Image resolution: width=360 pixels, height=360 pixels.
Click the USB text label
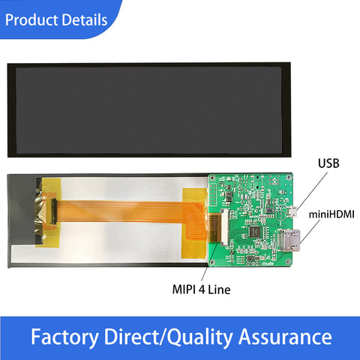tap(328, 163)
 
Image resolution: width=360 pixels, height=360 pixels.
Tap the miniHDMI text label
tap(331, 214)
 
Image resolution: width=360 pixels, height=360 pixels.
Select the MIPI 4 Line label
tap(201, 289)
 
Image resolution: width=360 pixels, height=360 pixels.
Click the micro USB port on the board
tap(292, 211)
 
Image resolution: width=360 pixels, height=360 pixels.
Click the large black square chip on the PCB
tap(255, 231)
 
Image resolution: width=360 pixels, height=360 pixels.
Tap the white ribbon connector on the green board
tap(224, 227)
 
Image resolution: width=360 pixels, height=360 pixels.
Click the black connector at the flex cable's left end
tap(53, 211)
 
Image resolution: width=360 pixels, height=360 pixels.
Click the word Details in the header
tap(85, 19)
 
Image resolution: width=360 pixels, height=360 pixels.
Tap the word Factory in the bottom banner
tap(64, 337)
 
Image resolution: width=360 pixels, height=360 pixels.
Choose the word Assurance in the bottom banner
tap(285, 337)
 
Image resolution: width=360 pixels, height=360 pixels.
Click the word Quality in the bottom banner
tap(200, 337)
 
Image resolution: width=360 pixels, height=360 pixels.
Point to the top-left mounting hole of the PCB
tap(212, 178)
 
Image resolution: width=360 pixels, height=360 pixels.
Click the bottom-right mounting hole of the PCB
tap(289, 262)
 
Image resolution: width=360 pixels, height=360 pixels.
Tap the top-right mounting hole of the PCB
tap(289, 177)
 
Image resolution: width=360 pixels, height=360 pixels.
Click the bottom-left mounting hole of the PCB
tap(212, 262)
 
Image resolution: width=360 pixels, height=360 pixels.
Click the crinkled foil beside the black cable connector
tap(40, 212)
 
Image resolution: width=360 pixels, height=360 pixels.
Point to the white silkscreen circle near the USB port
tap(280, 214)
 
